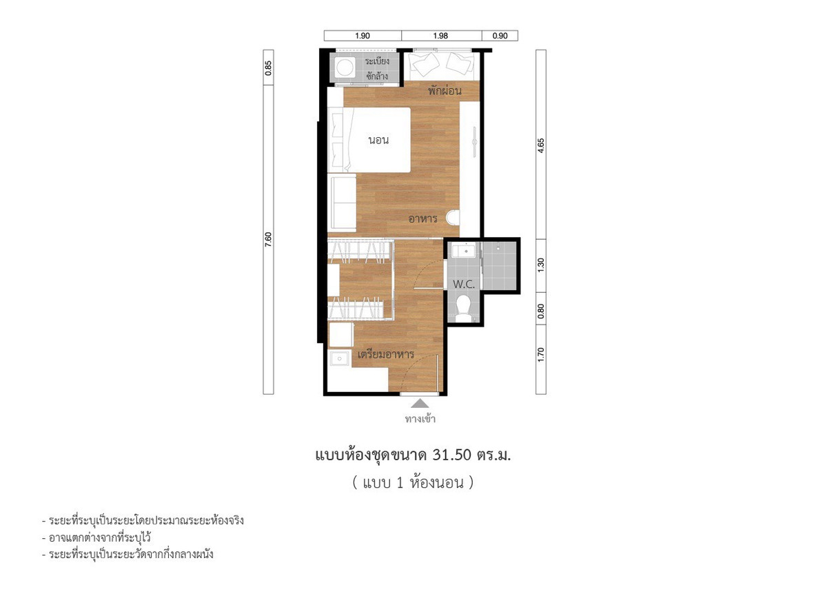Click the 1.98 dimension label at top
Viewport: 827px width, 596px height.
pyautogui.click(x=440, y=36)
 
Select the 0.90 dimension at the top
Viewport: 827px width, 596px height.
pyautogui.click(x=500, y=36)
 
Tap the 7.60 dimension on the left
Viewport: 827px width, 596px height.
pyautogui.click(x=268, y=240)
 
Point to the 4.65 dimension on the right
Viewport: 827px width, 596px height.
pyautogui.click(x=541, y=146)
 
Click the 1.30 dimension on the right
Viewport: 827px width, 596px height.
pyautogui.click(x=541, y=265)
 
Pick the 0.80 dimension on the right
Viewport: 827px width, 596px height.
pyautogui.click(x=541, y=311)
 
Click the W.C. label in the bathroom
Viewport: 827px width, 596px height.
pyautogui.click(x=463, y=284)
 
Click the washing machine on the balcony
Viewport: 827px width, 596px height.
pyautogui.click(x=345, y=69)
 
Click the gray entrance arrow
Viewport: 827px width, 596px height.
pyautogui.click(x=420, y=403)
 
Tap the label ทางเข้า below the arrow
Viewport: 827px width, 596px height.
pyautogui.click(x=420, y=419)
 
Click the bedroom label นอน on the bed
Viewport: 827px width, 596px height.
pyautogui.click(x=379, y=140)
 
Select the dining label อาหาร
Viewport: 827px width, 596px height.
pyautogui.click(x=422, y=218)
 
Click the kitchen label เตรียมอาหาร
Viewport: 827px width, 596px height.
pyautogui.click(x=386, y=354)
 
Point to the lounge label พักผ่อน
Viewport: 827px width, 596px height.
pyautogui.click(x=445, y=90)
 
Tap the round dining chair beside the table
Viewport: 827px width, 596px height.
pyautogui.click(x=453, y=218)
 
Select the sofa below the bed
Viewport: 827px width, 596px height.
pyautogui.click(x=343, y=203)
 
